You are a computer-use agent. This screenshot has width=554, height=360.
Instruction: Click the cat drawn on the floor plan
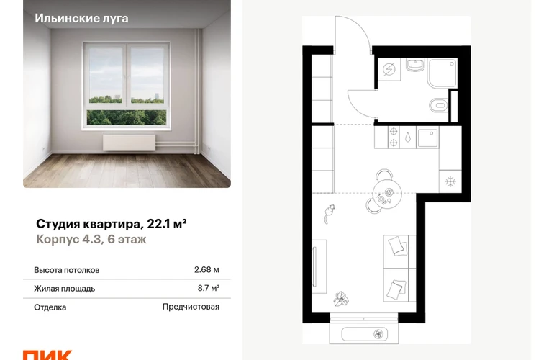pos(330,213)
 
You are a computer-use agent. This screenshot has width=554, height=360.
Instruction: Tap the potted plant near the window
pos(341,299)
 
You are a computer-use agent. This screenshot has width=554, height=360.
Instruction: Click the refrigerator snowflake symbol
pos(450,181)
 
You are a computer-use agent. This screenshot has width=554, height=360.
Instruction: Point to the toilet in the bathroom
pos(438,104)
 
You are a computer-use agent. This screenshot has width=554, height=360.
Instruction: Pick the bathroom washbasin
pos(415,65)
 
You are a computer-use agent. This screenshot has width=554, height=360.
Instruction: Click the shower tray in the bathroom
pos(442,73)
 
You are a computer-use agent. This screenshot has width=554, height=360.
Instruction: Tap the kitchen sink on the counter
pos(427,138)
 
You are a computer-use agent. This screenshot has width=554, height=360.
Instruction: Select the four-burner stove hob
pos(394,137)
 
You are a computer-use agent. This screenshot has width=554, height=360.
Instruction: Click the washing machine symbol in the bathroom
pos(389,69)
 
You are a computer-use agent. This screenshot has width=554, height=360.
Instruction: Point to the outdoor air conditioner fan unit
pos(365,333)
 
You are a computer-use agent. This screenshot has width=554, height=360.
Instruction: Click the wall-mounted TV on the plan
pos(314,266)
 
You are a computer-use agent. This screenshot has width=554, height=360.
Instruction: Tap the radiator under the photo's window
pos(130,143)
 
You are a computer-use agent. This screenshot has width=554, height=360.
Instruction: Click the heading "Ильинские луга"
pos(81,19)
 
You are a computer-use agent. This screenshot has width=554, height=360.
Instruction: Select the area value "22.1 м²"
pos(167,224)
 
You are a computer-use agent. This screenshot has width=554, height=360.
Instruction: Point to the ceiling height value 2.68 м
pos(206,270)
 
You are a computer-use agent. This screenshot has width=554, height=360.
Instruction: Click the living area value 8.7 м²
pos(209,288)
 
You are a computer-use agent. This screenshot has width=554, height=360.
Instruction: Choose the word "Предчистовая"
pos(191,307)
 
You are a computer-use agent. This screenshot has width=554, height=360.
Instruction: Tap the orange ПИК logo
pos(47,355)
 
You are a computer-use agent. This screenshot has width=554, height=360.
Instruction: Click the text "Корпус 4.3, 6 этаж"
pos(91,240)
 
